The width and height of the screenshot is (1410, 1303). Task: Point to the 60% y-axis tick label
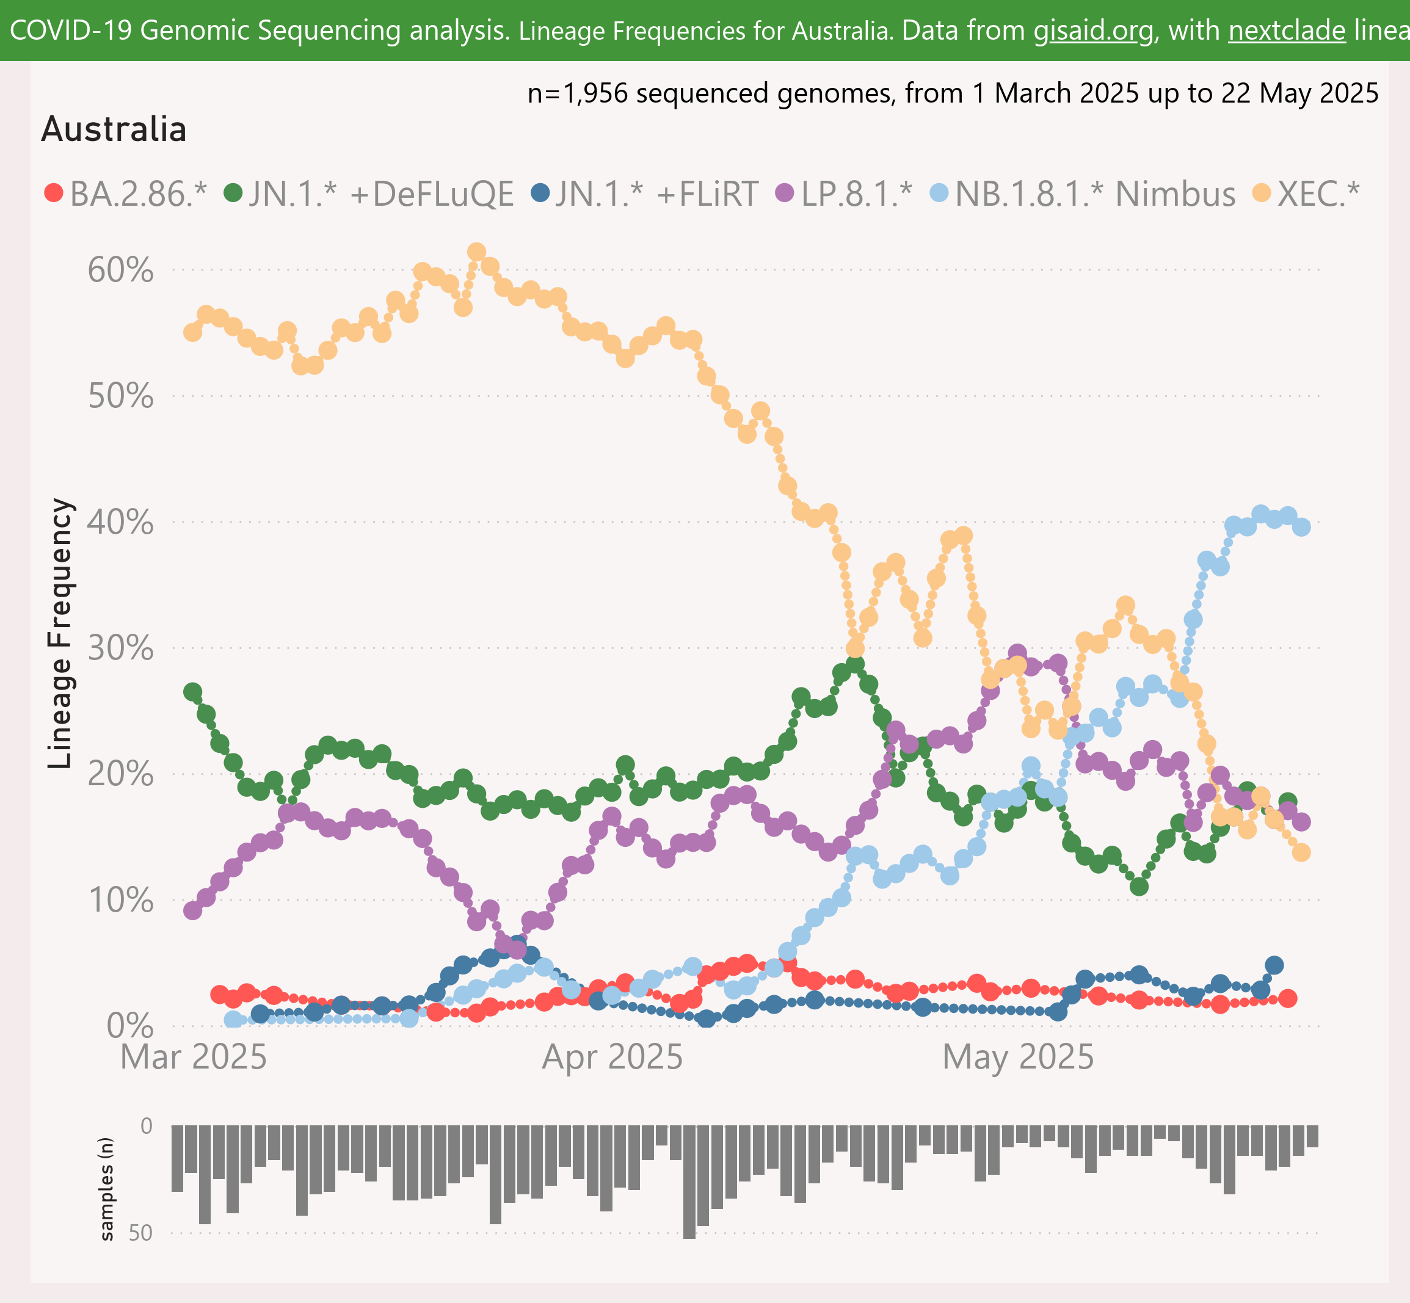pos(120,270)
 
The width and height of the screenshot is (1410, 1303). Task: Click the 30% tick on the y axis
pos(120,648)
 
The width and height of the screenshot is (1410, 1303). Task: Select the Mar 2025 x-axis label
pos(193,1058)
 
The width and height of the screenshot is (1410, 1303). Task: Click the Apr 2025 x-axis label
pos(612,1058)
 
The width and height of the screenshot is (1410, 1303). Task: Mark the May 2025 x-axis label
pos(1018,1058)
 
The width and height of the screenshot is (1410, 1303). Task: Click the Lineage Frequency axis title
pos(60,633)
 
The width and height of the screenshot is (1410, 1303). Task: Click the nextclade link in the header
pos(1287,31)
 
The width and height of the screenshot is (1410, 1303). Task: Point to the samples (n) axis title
pos(106,1189)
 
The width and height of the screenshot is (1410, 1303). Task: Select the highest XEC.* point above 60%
pos(476,252)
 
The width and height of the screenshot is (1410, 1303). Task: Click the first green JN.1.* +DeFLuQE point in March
pos(192,692)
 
